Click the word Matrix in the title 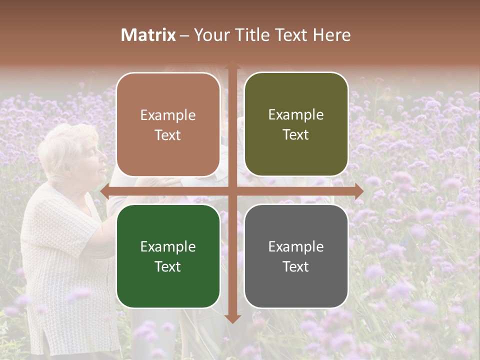click(148, 35)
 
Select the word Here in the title click(331, 35)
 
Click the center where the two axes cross click(232, 191)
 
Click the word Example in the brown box click(168, 115)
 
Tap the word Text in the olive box click(296, 135)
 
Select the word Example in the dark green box click(168, 246)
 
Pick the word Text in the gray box click(296, 266)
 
